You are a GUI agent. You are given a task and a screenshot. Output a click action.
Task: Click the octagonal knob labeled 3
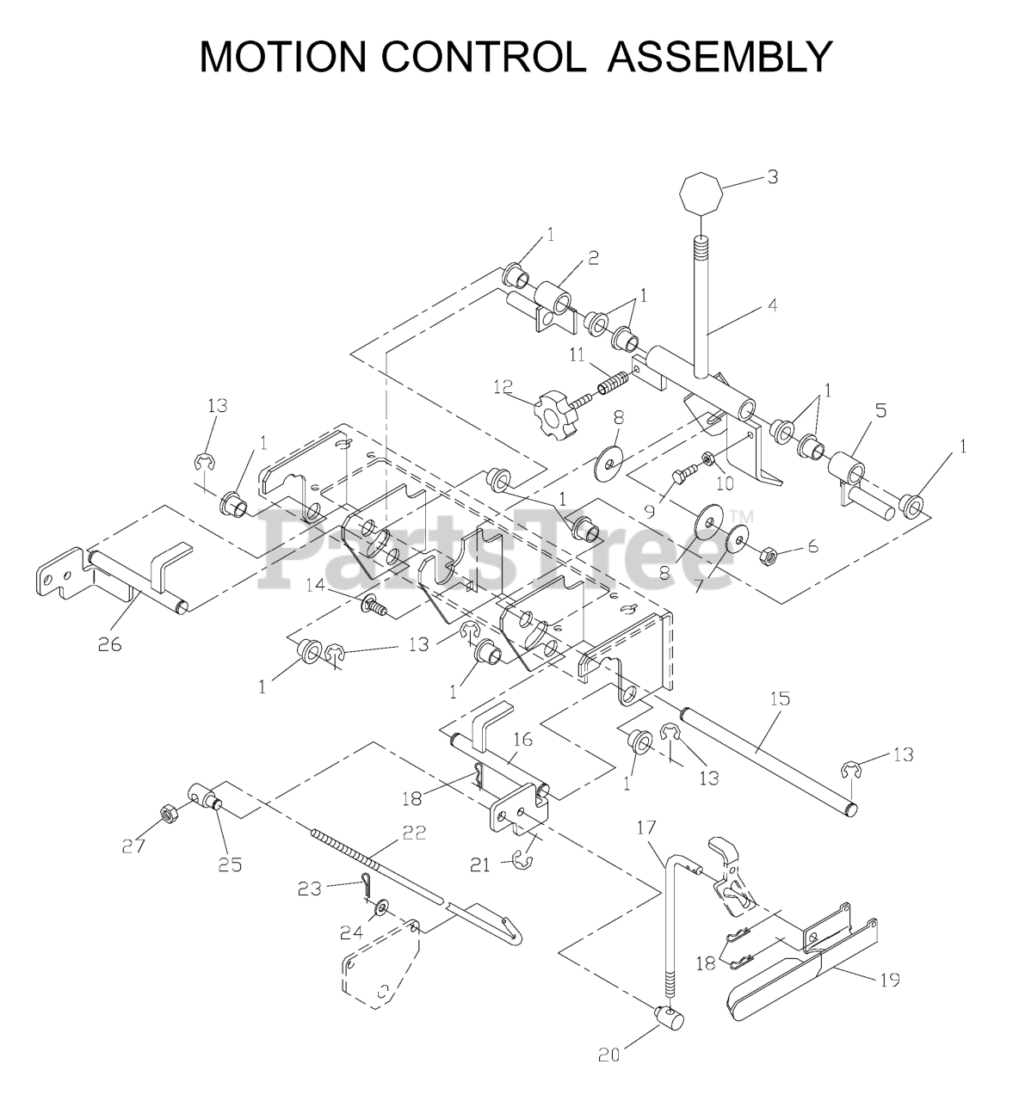[x=701, y=196]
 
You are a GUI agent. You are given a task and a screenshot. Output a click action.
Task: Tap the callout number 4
[x=772, y=304]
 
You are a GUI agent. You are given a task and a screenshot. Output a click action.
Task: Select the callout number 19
[x=889, y=980]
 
